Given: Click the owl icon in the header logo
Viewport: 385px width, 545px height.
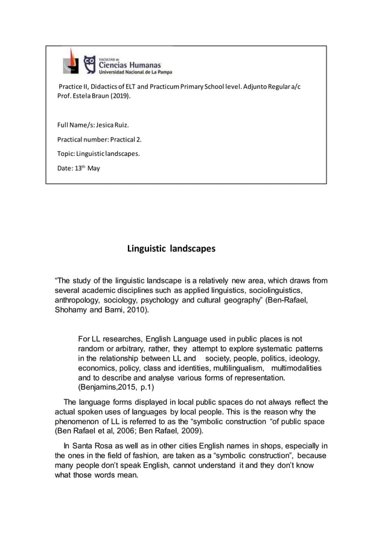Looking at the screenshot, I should (x=89, y=63).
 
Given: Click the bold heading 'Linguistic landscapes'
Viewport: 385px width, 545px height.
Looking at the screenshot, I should (x=171, y=248).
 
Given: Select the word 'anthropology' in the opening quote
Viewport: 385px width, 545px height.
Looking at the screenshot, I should (x=77, y=300).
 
